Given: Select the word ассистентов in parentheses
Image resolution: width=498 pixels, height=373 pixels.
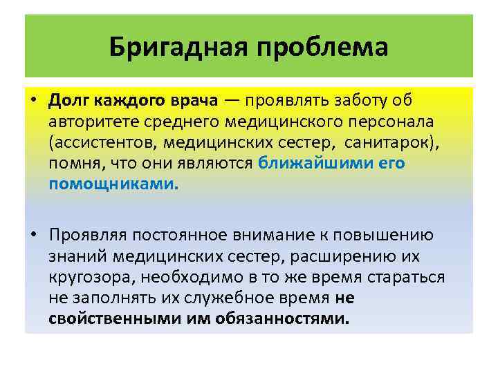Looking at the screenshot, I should [x=103, y=142].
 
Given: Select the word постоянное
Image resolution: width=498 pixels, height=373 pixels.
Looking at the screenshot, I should [x=183, y=235].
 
